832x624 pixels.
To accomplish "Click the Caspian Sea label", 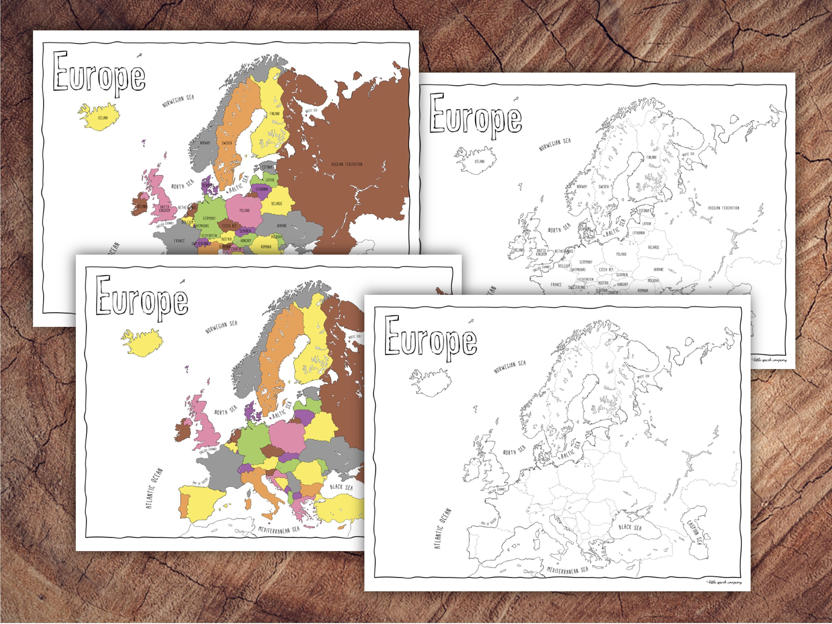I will [694, 532].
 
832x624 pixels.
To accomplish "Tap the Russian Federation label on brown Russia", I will [346, 164].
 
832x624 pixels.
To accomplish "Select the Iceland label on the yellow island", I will [103, 118].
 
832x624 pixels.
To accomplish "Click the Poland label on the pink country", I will [244, 210].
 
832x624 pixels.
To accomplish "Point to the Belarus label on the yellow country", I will [276, 204].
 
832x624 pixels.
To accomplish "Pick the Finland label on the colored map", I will [275, 113].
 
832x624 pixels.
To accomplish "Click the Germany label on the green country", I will [209, 218].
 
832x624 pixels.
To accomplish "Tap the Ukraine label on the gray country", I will [281, 226].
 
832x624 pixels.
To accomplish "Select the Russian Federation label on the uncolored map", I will [723, 208].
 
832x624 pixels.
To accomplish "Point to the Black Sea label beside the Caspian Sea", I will [630, 527].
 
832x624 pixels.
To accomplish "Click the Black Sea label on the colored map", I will [341, 487].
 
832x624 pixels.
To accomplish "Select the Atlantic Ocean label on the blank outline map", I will [442, 529].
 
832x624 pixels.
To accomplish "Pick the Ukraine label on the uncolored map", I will [658, 269].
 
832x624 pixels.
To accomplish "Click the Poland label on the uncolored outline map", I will [621, 254].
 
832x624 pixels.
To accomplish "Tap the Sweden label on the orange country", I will [226, 143].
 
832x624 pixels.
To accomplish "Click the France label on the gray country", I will [179, 241].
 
